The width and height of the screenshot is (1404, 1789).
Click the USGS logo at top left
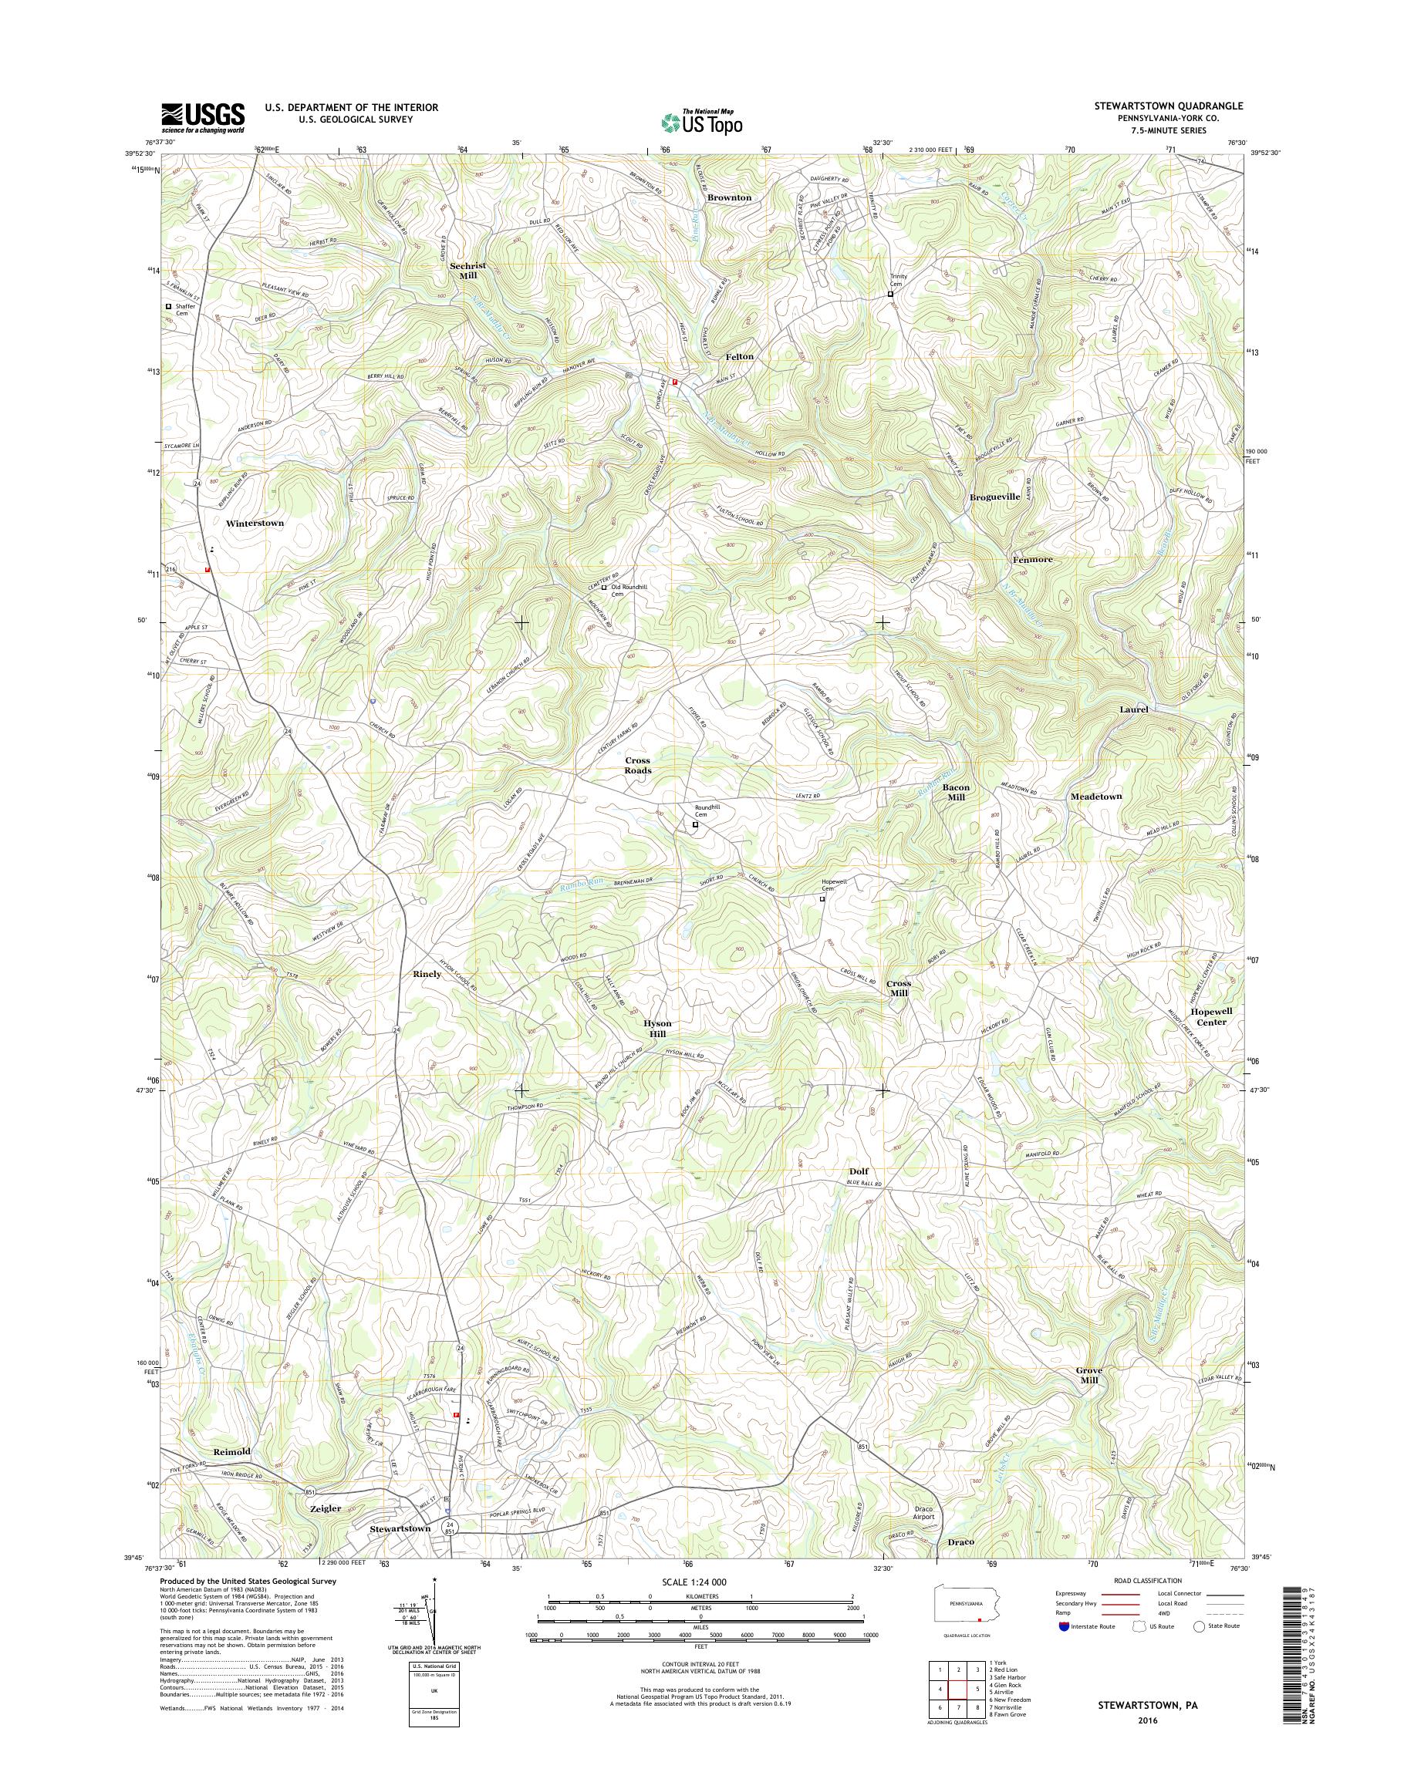coord(202,117)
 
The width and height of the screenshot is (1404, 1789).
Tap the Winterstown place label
coord(255,523)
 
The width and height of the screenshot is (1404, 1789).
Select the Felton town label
coord(739,357)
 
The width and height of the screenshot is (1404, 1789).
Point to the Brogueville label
coord(994,497)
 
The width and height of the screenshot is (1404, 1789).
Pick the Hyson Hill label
coord(657,1028)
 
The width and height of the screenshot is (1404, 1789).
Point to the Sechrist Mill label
coord(467,271)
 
